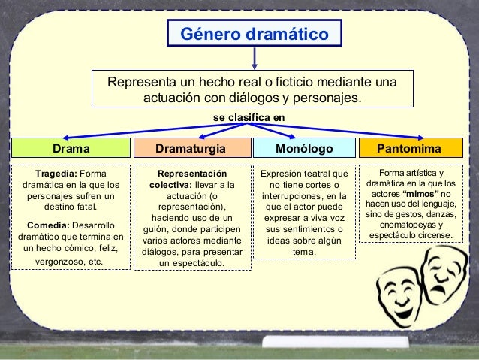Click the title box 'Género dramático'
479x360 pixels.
pyautogui.click(x=255, y=35)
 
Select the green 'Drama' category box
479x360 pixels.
pyautogui.click(x=71, y=147)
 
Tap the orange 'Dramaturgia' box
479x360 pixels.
pyautogui.click(x=189, y=147)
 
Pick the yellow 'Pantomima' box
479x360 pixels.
pyautogui.click(x=408, y=147)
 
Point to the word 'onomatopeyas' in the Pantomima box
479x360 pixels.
pyautogui.click(x=410, y=225)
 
